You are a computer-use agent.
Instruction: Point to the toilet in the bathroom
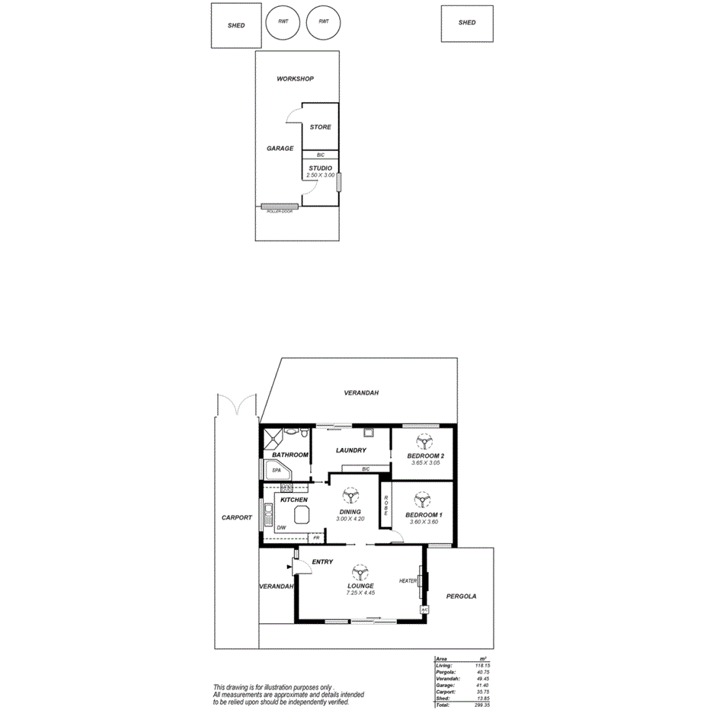[305, 435]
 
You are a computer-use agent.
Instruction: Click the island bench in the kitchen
[300, 513]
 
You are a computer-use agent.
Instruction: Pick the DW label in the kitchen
[281, 527]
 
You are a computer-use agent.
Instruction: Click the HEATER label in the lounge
[408, 581]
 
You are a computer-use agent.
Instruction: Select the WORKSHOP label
[295, 79]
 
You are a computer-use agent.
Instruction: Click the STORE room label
[320, 127]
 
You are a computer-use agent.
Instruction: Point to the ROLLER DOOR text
[279, 212]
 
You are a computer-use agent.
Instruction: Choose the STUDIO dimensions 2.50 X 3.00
[320, 175]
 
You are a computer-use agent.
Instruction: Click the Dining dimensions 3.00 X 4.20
[350, 519]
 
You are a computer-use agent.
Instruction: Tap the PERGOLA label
[461, 596]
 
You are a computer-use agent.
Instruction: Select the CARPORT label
[236, 517]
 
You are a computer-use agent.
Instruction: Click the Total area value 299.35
[480, 705]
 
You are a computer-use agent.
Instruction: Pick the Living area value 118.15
[481, 665]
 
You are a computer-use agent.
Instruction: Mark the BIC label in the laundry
[366, 469]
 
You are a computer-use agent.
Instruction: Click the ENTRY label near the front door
[322, 562]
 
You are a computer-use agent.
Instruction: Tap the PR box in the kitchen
[315, 537]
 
